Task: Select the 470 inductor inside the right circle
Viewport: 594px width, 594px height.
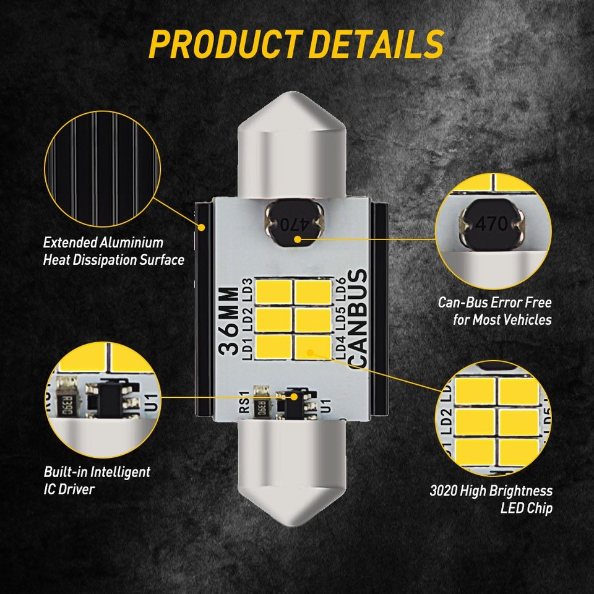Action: (493, 223)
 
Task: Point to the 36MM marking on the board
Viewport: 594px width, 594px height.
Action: (230, 320)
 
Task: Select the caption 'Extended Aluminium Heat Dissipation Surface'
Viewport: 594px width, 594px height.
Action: (113, 251)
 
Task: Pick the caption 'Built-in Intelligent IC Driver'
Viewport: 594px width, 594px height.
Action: (97, 480)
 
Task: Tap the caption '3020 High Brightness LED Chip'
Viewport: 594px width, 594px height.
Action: (491, 500)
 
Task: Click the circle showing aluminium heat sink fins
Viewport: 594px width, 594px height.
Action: (98, 166)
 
